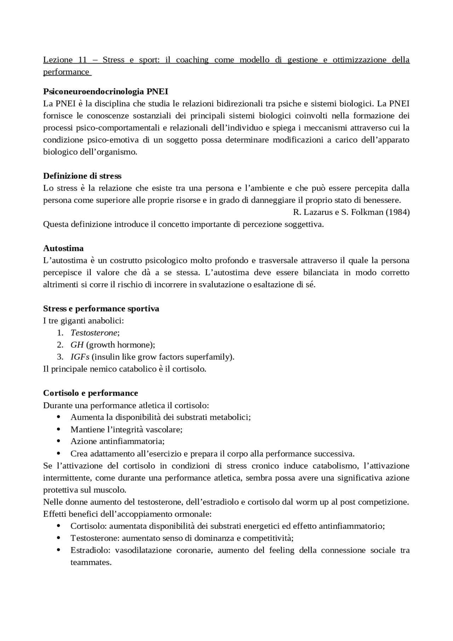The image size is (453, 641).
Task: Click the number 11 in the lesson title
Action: tap(82, 60)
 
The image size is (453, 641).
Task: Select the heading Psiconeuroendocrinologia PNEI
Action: tap(105, 91)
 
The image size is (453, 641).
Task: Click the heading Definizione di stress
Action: tap(82, 176)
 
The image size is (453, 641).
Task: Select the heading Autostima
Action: tap(63, 248)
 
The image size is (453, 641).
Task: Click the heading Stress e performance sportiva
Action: tap(101, 309)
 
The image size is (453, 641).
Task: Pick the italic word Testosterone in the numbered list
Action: tap(94, 333)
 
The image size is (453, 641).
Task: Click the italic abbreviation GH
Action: tap(77, 345)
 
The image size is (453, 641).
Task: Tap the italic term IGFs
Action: tap(80, 357)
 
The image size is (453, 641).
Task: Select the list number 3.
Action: tap(60, 357)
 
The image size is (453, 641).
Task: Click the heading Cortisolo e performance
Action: tap(91, 393)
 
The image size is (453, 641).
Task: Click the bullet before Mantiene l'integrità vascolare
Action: tap(59, 429)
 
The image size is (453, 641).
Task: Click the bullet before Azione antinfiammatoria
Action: tap(59, 441)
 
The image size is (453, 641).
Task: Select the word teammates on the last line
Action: tap(91, 562)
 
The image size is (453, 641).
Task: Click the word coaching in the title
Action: tap(192, 60)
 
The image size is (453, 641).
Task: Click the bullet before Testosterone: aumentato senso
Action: tap(59, 538)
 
